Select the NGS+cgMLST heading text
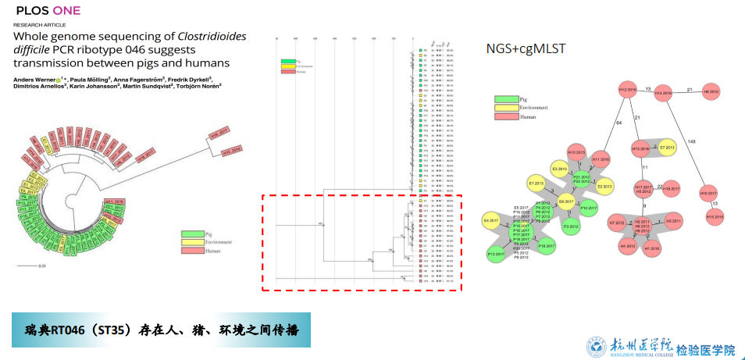click(x=526, y=49)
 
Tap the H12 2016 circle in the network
click(x=628, y=91)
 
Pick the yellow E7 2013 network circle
click(x=666, y=148)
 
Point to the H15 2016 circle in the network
click(x=715, y=216)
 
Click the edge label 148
click(x=692, y=141)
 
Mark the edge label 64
click(x=619, y=123)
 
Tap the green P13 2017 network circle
click(x=496, y=255)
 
